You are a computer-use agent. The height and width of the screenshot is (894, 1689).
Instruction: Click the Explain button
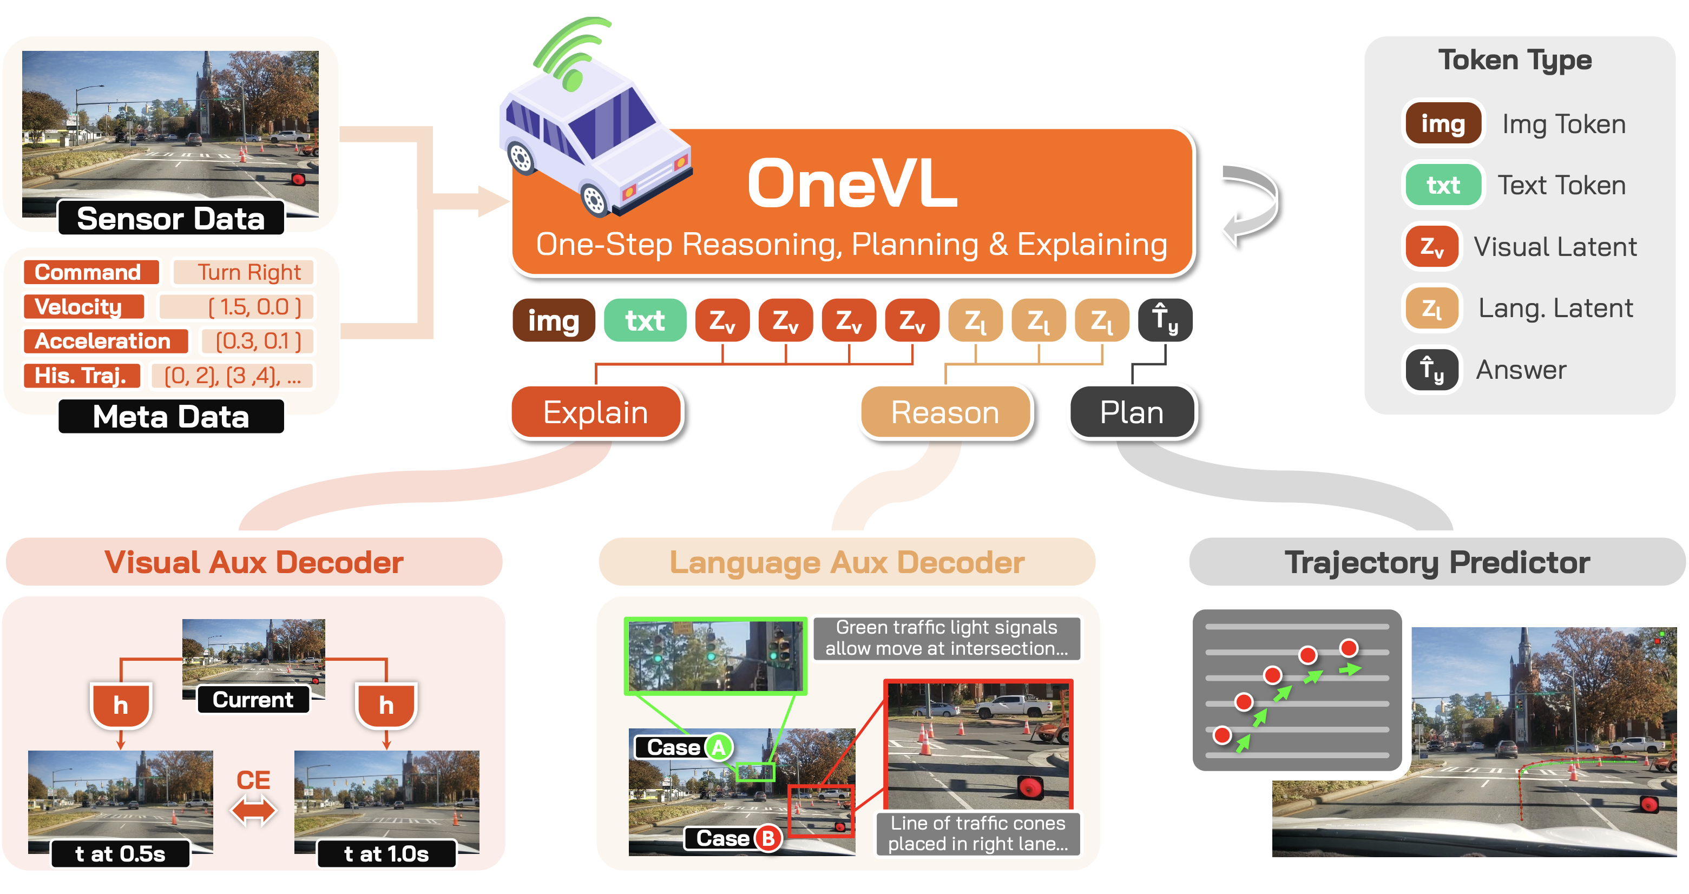point(595,412)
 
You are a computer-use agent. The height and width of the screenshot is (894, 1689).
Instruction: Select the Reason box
point(945,412)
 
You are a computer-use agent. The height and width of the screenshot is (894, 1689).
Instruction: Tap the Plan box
point(1132,412)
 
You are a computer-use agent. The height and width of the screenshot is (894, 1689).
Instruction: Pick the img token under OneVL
point(554,320)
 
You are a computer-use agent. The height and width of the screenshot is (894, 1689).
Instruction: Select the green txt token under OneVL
point(645,320)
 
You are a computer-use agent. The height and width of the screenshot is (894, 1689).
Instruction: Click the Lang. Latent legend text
point(1555,308)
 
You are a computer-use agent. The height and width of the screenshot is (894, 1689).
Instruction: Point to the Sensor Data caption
point(171,218)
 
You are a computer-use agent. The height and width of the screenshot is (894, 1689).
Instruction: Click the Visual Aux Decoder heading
point(254,562)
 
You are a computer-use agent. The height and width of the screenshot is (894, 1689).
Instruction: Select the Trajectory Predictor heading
point(1437,562)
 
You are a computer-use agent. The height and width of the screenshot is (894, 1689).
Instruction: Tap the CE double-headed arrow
point(254,810)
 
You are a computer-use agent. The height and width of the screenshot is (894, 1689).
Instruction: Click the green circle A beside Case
point(719,747)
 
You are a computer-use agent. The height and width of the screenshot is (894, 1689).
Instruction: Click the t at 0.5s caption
point(121,853)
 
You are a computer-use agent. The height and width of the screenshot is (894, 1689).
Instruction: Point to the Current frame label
point(253,699)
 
